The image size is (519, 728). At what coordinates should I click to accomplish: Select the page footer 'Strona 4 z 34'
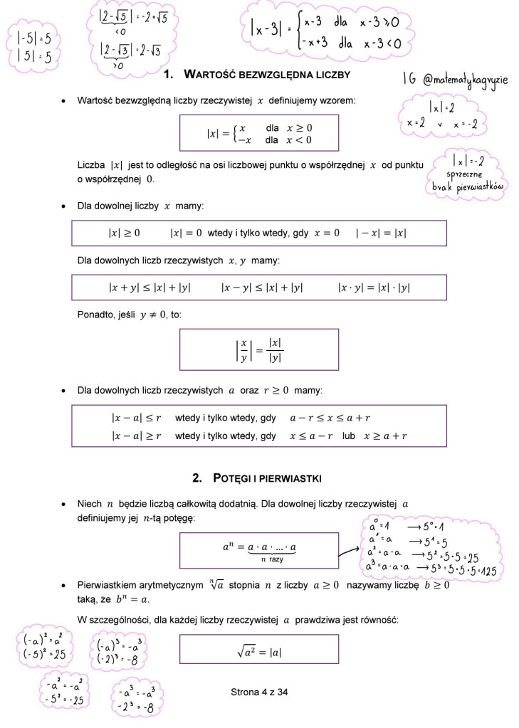259,692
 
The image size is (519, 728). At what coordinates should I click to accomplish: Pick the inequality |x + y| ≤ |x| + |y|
150,287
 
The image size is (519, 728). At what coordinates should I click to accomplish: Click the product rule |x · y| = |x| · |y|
374,287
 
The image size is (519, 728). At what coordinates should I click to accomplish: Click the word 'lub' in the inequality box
348,436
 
